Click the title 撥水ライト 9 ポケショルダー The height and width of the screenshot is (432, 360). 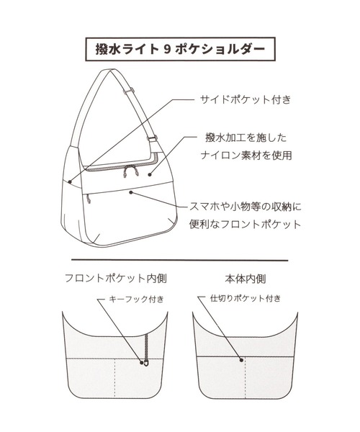(180, 49)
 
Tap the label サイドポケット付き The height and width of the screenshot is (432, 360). (245, 99)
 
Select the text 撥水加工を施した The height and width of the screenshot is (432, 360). (246, 138)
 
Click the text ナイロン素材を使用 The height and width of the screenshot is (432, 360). (246, 156)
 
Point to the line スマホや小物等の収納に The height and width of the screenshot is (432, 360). (245, 207)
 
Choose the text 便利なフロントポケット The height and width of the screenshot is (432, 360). (245, 224)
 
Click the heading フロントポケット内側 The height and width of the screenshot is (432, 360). (116, 278)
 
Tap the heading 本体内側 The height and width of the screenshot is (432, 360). (246, 279)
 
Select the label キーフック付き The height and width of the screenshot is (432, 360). (137, 299)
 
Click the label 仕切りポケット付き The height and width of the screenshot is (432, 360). (246, 298)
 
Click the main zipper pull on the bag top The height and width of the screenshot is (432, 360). (131, 170)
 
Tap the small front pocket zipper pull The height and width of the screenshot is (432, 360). (88, 199)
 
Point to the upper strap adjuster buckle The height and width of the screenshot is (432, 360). (129, 91)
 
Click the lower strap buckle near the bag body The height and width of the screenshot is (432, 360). (153, 138)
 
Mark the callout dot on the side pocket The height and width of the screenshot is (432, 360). (70, 181)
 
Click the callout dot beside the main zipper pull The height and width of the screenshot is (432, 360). (150, 174)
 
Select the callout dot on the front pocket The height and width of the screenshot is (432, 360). (131, 192)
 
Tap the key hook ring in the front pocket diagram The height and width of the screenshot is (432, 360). (147, 363)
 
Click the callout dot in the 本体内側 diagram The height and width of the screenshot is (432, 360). (242, 359)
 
